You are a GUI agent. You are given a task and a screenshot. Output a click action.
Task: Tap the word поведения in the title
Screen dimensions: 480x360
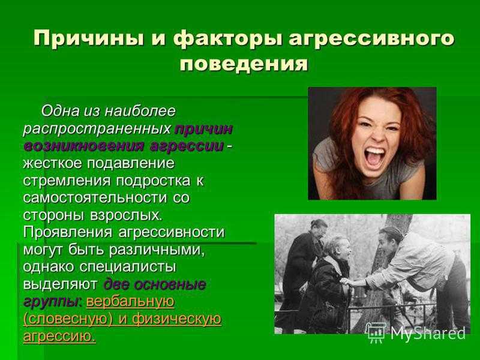pos(244,64)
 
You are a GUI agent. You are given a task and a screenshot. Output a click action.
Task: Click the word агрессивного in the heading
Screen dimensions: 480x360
pos(371,38)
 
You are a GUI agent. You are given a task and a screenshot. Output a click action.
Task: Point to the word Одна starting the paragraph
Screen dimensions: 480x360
pos(60,111)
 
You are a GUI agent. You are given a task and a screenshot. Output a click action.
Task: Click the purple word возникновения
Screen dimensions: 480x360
pos(83,146)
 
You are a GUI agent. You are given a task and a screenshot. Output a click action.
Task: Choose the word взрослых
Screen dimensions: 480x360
pos(125,215)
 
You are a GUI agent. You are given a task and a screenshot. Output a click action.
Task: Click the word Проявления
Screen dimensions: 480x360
pos(68,232)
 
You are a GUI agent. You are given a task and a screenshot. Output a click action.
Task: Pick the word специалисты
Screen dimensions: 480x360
pos(128,267)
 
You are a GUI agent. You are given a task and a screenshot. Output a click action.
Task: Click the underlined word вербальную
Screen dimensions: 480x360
pos(130,302)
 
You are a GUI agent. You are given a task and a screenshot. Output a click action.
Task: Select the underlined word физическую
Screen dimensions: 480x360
pos(176,319)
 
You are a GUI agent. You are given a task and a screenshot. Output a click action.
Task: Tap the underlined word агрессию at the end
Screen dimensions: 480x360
pos(59,336)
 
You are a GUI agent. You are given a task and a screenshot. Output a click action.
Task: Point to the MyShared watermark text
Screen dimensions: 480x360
pos(428,333)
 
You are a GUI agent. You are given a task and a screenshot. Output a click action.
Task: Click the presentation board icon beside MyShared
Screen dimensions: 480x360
pos(376,333)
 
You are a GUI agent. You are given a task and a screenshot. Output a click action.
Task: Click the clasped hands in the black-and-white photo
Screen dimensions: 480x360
pos(348,281)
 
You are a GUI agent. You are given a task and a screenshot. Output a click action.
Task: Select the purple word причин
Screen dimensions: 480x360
pos(203,128)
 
